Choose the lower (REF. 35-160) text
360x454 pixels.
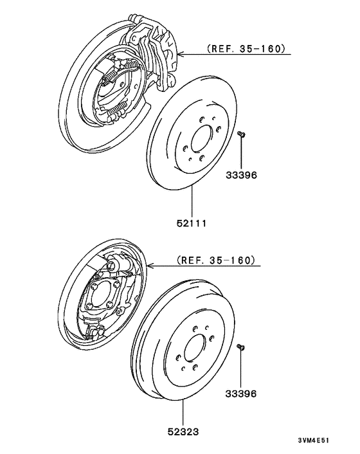215,260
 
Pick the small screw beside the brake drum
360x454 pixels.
242,347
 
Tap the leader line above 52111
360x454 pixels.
194,203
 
